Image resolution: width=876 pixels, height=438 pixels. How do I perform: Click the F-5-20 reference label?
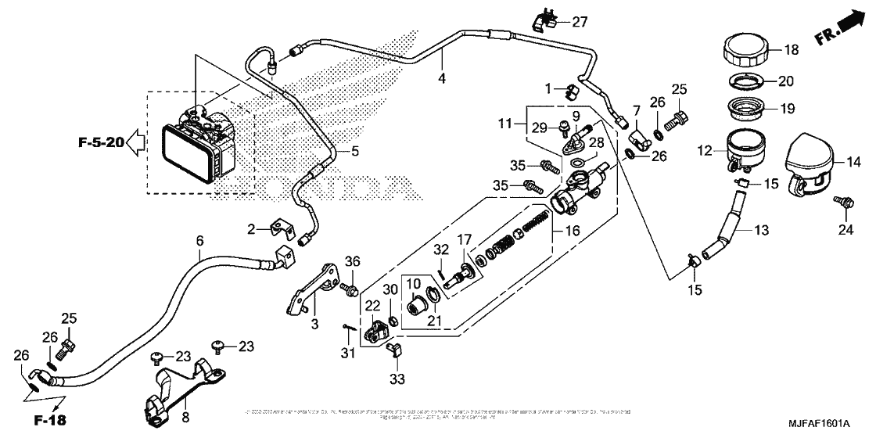[x=101, y=142]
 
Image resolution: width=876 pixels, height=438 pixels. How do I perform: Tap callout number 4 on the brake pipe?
[x=442, y=79]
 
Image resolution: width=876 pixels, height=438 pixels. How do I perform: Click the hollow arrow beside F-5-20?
[x=136, y=142]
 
